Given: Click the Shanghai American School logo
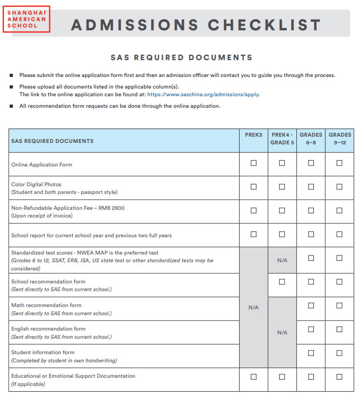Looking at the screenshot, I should pyautogui.click(x=26, y=19).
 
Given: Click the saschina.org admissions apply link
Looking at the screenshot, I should pyautogui.click(x=203, y=95).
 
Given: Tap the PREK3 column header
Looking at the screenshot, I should pyautogui.click(x=254, y=135).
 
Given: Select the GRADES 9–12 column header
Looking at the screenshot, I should pyautogui.click(x=340, y=139).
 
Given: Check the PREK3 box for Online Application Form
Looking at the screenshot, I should pyautogui.click(x=254, y=163).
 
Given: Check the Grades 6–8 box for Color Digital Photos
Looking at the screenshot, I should pyautogui.click(x=311, y=187).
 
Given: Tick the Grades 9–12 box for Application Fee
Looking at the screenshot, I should pyautogui.click(x=339, y=211).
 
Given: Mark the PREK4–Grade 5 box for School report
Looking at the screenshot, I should pyautogui.click(x=282, y=234).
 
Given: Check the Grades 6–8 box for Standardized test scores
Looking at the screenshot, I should pyautogui.click(x=311, y=258).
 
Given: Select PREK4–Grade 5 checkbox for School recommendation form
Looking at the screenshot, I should pyautogui.click(x=282, y=282).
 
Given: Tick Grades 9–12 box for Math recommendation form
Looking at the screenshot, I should pyautogui.click(x=339, y=306).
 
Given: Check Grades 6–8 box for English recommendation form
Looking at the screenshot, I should pyautogui.click(x=311, y=329).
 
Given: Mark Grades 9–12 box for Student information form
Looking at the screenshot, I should pyautogui.click(x=339, y=353).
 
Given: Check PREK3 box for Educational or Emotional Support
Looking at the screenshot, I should pyautogui.click(x=254, y=376).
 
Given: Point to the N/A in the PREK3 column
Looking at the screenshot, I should pyautogui.click(x=254, y=307).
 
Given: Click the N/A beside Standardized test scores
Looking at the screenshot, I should pyautogui.click(x=282, y=260).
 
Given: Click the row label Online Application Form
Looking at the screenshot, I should pyautogui.click(x=42, y=165).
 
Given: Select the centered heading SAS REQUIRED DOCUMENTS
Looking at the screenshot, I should pyautogui.click(x=181, y=58).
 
